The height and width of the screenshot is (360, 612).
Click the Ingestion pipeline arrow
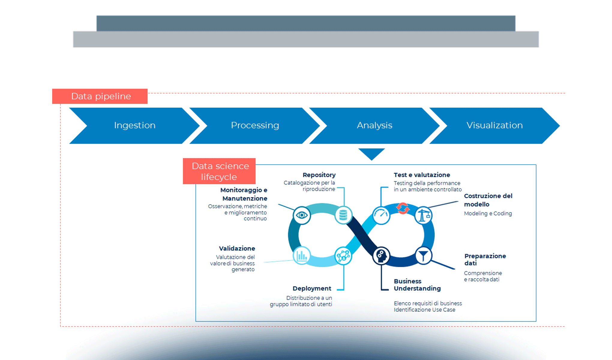click(134, 125)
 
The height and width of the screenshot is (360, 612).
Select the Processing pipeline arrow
click(255, 125)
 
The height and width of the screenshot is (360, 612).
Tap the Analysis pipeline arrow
click(374, 125)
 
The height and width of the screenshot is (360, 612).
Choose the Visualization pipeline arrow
click(494, 125)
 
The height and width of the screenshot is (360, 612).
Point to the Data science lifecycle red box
click(219, 171)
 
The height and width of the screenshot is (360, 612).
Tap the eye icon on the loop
click(302, 215)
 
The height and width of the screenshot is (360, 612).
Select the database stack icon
click(343, 215)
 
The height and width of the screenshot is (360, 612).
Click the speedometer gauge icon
click(381, 215)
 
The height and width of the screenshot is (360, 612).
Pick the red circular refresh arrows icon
click(403, 208)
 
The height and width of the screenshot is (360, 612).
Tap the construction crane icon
click(423, 215)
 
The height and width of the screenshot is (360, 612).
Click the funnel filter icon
click(423, 256)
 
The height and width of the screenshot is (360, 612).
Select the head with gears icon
click(381, 256)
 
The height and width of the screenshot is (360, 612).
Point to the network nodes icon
click(343, 256)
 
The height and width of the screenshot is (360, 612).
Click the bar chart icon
click(302, 256)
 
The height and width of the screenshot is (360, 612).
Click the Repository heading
click(319, 175)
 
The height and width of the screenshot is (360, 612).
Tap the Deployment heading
click(312, 288)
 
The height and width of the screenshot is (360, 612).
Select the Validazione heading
click(237, 248)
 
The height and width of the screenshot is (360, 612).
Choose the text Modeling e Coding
click(488, 213)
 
